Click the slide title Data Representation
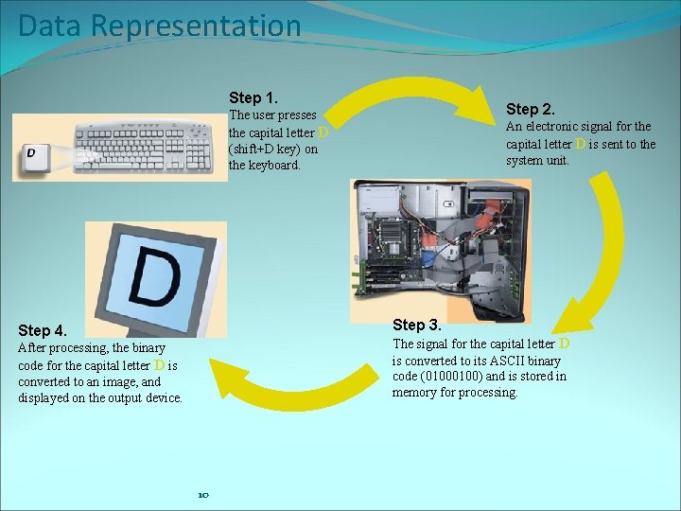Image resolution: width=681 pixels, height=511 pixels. pyautogui.click(x=159, y=26)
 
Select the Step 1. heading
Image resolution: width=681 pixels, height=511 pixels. pyautogui.click(x=253, y=98)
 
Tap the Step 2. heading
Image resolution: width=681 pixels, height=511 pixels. pyautogui.click(x=531, y=110)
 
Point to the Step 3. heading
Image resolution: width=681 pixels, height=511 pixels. pyautogui.click(x=417, y=326)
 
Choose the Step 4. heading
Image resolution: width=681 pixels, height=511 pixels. pyautogui.click(x=43, y=330)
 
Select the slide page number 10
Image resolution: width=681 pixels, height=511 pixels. pyautogui.click(x=202, y=495)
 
